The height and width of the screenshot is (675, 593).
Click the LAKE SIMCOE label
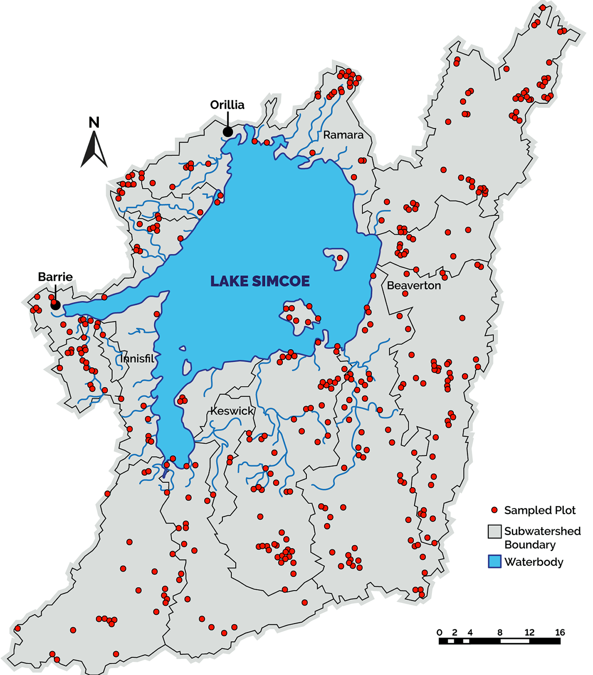(260, 281)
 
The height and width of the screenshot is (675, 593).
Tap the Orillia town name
(227, 105)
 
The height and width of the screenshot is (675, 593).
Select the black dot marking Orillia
(228, 132)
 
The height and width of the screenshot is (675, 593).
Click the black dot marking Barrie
(55, 305)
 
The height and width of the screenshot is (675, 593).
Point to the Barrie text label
(55, 277)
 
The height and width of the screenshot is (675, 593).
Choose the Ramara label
(343, 135)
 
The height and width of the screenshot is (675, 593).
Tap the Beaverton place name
(414, 286)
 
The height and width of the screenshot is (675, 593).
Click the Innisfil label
(137, 358)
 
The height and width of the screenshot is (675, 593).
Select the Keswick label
(232, 411)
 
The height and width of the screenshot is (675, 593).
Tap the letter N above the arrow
(94, 123)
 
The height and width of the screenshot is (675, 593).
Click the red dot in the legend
(494, 510)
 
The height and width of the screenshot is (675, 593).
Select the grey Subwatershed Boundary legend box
(495, 532)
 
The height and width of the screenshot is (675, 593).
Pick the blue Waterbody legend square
(495, 562)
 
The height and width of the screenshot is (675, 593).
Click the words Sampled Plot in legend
(540, 510)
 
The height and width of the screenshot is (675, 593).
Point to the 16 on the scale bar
(560, 632)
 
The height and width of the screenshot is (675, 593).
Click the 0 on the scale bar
(440, 632)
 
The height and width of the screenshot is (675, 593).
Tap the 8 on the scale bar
(500, 632)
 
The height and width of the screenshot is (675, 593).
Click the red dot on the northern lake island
(340, 258)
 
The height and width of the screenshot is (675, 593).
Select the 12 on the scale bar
(530, 632)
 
